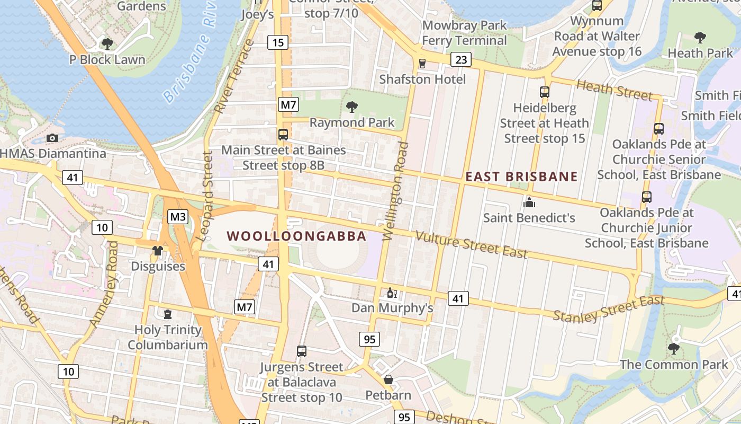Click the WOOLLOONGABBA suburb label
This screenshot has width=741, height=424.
(x=296, y=236)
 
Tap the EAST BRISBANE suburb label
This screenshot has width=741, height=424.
(x=521, y=176)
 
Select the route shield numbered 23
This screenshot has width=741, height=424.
(x=461, y=59)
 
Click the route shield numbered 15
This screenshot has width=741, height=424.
(x=278, y=42)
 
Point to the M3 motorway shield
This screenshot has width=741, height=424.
(x=178, y=217)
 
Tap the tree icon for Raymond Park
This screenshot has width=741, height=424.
(x=351, y=108)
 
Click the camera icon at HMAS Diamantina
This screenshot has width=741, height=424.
(x=52, y=138)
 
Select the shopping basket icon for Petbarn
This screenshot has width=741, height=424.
(x=388, y=379)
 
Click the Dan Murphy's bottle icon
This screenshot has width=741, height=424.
(x=392, y=293)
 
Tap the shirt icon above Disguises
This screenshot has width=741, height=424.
(x=158, y=251)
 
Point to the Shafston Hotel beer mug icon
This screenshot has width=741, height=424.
(x=422, y=64)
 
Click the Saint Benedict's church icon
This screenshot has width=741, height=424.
(x=529, y=202)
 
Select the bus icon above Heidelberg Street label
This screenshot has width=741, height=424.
(x=544, y=92)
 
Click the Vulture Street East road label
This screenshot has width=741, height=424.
(x=471, y=244)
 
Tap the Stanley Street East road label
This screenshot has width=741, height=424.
(x=609, y=310)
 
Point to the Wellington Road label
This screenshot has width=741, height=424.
(x=396, y=191)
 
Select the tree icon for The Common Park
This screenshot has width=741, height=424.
(x=673, y=349)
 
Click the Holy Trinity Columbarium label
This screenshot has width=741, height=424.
(x=168, y=337)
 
